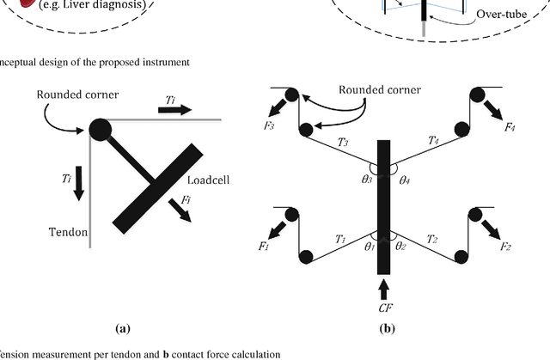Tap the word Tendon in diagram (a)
tap(63, 230)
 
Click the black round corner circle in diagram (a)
tap(99, 129)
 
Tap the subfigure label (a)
tap(124, 327)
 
